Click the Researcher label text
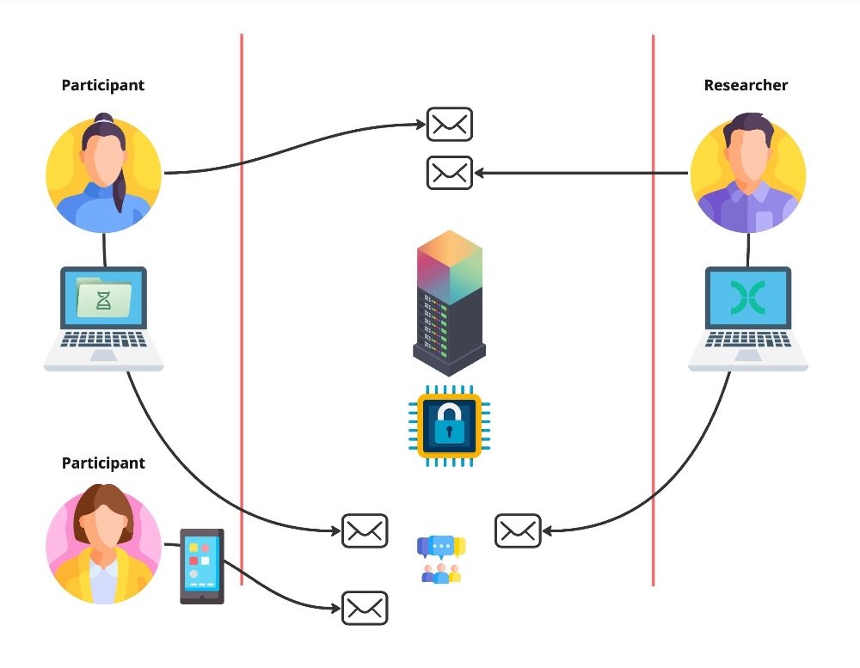[x=746, y=85]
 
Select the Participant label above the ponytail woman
[x=103, y=85]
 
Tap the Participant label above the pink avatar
[x=103, y=463]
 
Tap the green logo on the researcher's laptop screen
[x=747, y=297]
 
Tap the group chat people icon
[x=441, y=560]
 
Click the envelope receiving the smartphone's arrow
[x=365, y=608]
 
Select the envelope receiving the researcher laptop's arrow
[x=519, y=530]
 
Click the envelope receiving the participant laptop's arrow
[x=365, y=530]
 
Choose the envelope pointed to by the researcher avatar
[x=450, y=173]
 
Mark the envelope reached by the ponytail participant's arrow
[x=450, y=124]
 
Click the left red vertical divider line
[x=242, y=309]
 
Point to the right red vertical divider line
[x=653, y=309]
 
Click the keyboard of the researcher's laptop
[x=747, y=340]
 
